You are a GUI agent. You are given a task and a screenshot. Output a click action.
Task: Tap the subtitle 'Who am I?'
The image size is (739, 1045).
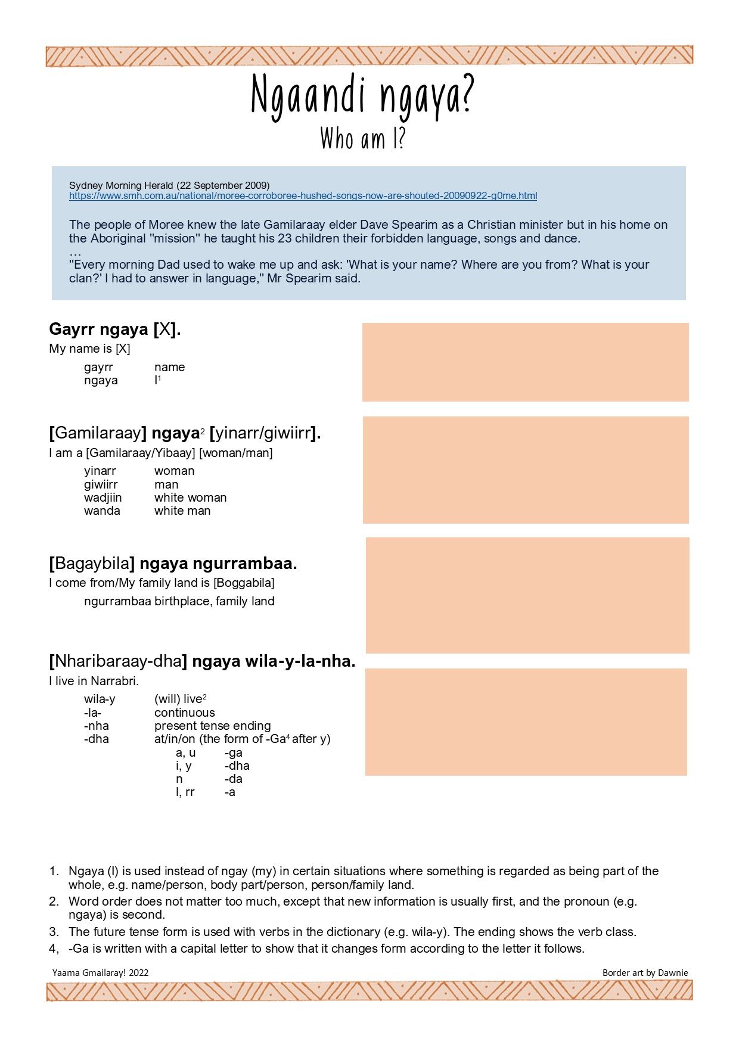[x=362, y=139]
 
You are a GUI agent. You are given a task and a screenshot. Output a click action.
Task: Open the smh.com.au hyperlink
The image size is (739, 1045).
[x=303, y=196]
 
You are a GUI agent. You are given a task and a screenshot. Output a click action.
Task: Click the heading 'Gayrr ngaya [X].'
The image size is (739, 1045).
[x=114, y=329]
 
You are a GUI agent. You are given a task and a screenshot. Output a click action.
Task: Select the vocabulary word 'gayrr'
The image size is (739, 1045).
[x=98, y=367]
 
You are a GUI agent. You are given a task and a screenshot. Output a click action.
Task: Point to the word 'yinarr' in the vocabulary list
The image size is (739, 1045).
[x=100, y=471]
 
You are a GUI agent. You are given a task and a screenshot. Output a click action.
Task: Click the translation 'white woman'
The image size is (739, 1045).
[x=190, y=497]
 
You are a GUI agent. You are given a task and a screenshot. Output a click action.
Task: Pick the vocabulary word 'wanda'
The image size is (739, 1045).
[x=102, y=511]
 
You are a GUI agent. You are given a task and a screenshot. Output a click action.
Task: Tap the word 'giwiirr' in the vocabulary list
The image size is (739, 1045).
[x=101, y=484]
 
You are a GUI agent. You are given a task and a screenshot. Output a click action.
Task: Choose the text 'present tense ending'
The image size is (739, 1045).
[x=212, y=726]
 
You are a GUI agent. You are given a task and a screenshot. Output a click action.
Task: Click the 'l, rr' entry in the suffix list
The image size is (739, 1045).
[x=185, y=792]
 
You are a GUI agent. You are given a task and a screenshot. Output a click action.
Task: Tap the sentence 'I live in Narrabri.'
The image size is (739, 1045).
[x=94, y=681]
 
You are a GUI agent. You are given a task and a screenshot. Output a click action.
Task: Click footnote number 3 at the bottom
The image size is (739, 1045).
[x=54, y=931]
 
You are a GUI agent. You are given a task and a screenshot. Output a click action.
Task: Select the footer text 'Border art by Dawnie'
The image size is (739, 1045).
[x=645, y=972]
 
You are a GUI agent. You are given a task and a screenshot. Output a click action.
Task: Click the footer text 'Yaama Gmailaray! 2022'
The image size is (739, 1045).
[x=100, y=972]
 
